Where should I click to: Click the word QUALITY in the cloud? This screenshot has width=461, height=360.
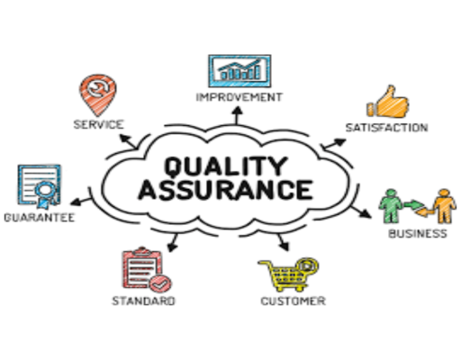226,166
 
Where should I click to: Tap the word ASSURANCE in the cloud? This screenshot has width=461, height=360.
226,190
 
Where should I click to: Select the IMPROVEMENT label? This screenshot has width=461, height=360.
240,97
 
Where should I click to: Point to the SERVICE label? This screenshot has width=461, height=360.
98,124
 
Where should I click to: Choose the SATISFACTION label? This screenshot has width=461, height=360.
386,128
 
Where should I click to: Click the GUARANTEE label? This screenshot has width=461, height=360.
40,218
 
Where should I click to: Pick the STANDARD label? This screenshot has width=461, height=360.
143,301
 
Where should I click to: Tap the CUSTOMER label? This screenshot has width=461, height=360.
293,301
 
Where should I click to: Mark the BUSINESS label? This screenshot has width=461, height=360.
418,233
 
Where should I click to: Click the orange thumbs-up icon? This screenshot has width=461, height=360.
388,102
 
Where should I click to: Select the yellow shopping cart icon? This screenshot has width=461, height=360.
288,274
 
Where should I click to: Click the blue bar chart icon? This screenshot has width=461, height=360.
240,71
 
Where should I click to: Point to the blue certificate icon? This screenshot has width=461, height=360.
40,186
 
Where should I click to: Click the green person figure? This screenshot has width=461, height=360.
391,206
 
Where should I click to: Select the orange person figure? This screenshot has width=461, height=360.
445,206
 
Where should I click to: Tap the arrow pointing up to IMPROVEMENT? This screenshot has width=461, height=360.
238,115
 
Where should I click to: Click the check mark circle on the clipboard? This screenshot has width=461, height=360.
160,283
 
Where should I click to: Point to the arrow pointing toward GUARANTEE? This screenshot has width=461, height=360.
81,202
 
